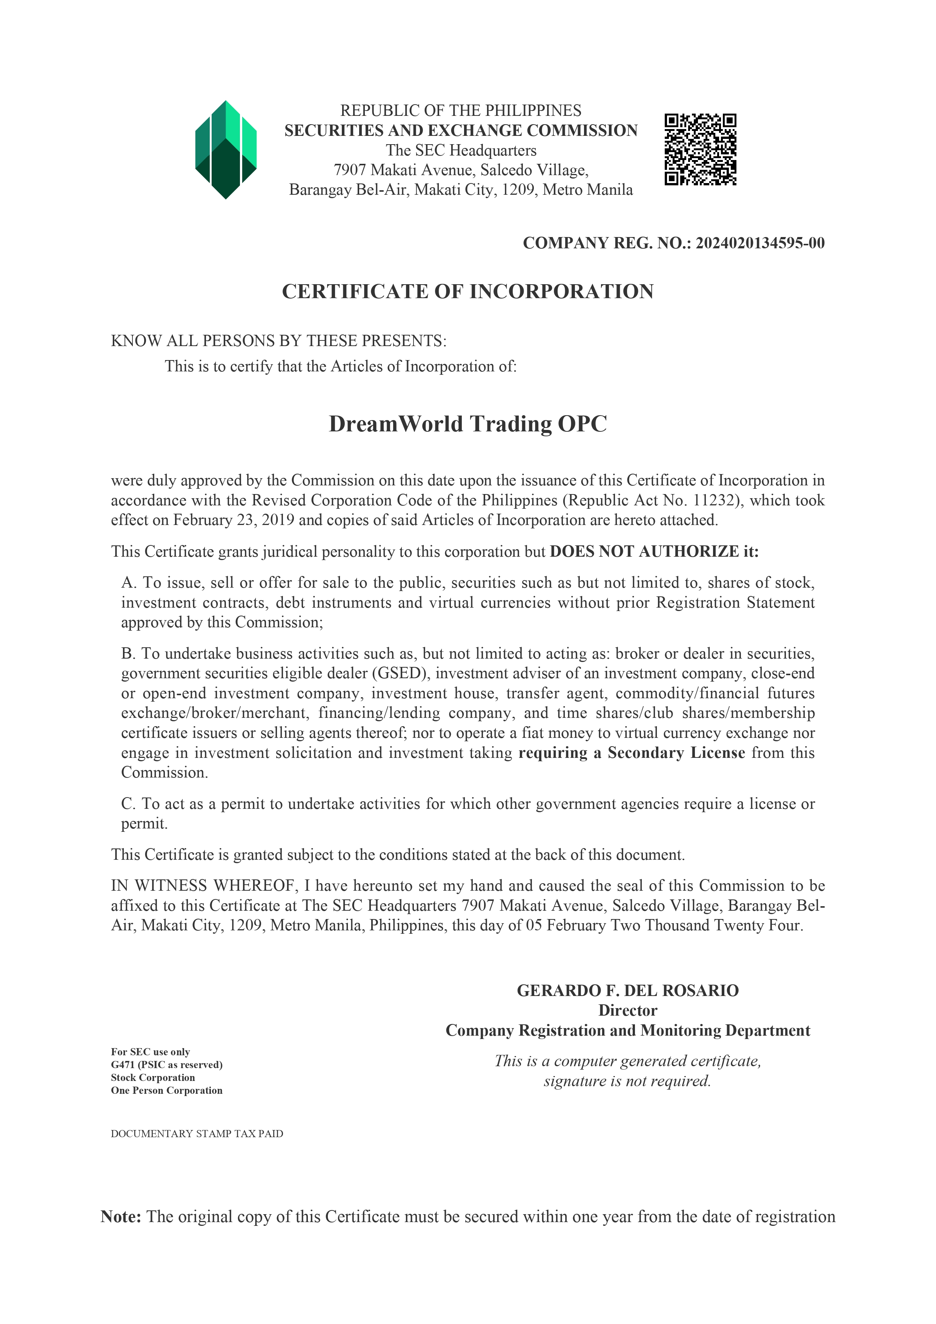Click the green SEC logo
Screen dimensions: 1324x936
pyautogui.click(x=226, y=150)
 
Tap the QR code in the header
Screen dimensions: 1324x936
pyautogui.click(x=700, y=149)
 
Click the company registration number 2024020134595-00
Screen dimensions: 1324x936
pyautogui.click(x=760, y=243)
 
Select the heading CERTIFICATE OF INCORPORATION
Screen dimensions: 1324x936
pyautogui.click(x=467, y=291)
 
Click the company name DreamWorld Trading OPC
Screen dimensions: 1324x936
pyautogui.click(x=467, y=424)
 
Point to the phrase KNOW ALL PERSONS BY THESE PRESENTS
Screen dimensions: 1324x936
pyautogui.click(x=278, y=341)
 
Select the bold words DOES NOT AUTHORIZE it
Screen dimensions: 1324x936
pyautogui.click(x=654, y=552)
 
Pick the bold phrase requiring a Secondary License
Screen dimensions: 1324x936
pyautogui.click(x=632, y=753)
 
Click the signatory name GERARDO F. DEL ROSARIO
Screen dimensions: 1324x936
pyautogui.click(x=628, y=991)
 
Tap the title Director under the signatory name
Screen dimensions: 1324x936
pyautogui.click(x=628, y=1010)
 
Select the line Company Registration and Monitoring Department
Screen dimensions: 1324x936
pyautogui.click(x=628, y=1030)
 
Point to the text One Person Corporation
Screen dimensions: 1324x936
pyautogui.click(x=167, y=1090)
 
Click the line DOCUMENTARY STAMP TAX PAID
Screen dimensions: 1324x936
pyautogui.click(x=197, y=1134)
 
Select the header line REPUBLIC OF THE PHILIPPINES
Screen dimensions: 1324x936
pyautogui.click(x=461, y=111)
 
